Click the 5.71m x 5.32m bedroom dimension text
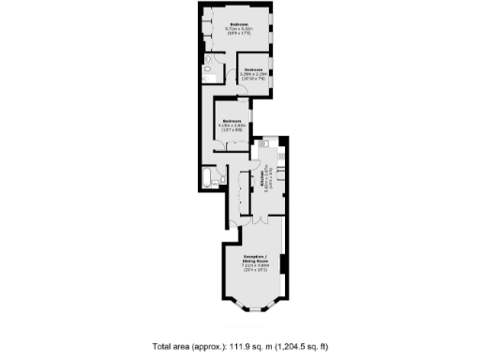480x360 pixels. click(240, 29)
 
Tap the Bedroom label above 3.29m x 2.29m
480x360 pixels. click(253, 69)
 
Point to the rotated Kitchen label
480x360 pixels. click(264, 180)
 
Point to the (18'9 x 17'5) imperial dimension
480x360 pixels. click(240, 35)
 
